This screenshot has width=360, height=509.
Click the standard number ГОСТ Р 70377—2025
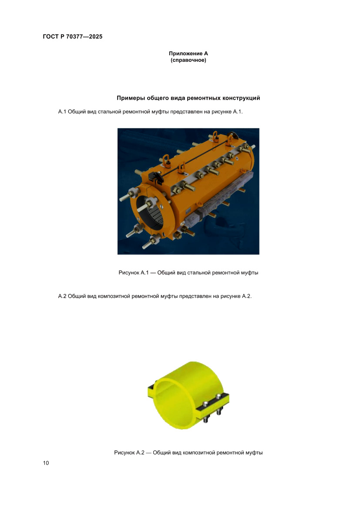pos(73,37)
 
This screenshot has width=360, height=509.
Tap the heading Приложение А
pos(188,54)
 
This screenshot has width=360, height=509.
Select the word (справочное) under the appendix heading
pos(188,60)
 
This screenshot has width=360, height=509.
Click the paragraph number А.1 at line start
pos(62,112)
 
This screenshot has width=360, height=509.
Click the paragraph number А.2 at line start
pos(62,296)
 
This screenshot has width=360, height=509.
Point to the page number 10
pos(46,463)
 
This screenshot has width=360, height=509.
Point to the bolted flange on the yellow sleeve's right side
pos(213,405)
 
